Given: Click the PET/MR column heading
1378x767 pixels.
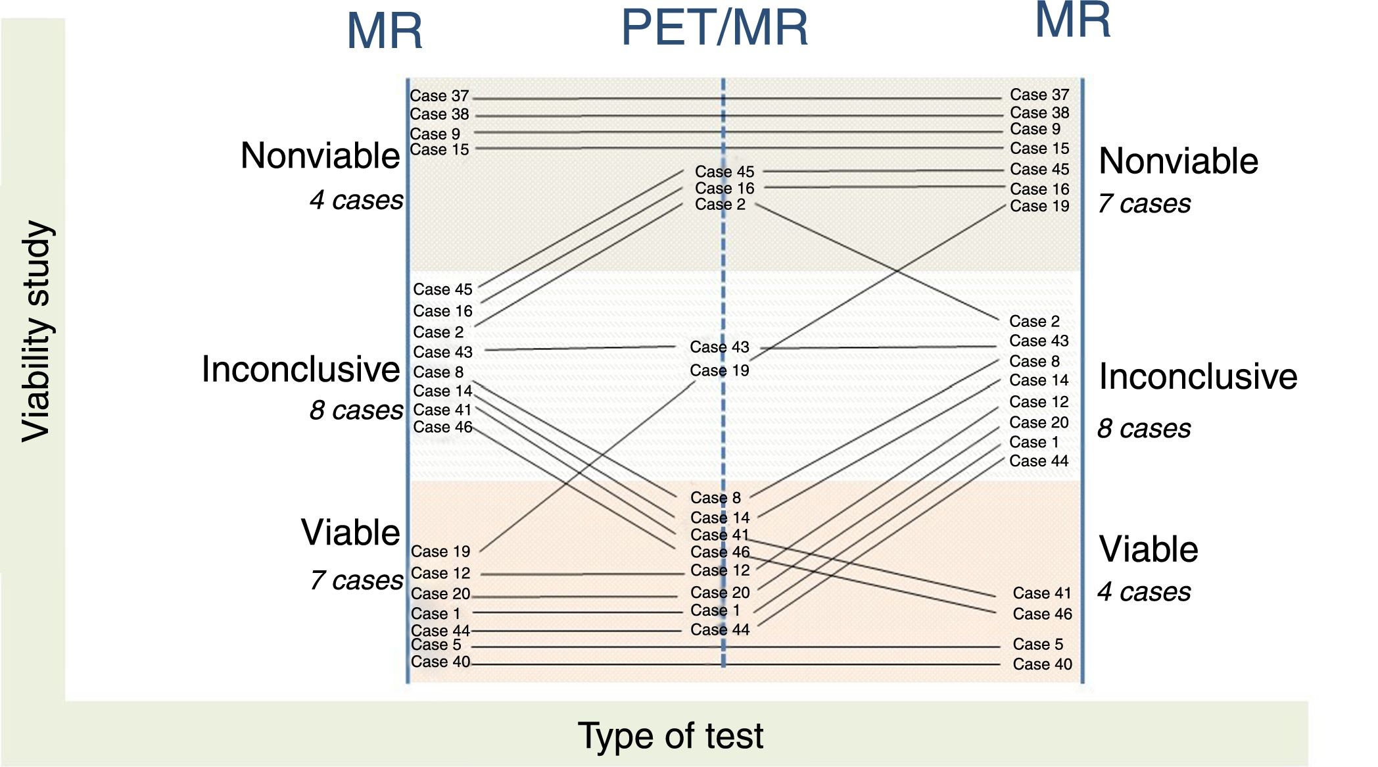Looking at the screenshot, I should coord(715,28).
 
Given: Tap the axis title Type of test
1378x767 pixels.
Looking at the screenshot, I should coord(670,735).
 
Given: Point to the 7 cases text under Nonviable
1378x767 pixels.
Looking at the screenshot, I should coord(1144,204).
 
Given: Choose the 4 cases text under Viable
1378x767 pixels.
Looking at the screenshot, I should coord(1144,592).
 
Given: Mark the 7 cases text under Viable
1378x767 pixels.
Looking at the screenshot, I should coord(356,581).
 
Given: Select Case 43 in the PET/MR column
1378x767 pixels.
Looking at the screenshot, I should coord(719,347).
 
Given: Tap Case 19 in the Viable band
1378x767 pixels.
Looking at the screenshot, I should coord(440,551).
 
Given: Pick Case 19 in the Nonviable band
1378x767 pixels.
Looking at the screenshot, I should coord(1039,207).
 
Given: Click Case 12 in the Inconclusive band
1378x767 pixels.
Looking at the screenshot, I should coord(1039,402).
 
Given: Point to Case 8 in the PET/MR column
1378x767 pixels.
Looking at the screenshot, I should coord(715,498).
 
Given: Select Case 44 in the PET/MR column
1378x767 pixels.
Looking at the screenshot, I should coord(720,630).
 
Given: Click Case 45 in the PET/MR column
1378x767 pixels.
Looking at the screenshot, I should coord(725,172).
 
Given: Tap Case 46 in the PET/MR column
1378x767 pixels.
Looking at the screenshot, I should coord(720,552).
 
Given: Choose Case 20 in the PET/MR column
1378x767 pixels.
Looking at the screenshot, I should coord(720,593).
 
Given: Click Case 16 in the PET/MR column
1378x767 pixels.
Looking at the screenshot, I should coord(725,188).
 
